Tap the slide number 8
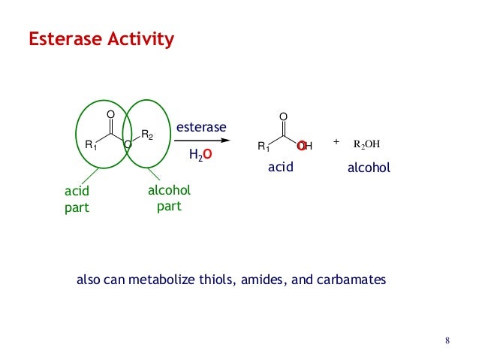(447, 343)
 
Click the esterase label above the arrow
(200, 127)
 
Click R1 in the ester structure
(90, 145)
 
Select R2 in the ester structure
(147, 136)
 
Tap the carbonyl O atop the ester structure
(110, 113)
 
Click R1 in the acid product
(263, 146)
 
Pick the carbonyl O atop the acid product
(283, 116)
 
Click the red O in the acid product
(300, 145)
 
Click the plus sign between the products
(336, 141)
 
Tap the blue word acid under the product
(279, 168)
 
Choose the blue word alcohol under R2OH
(369, 168)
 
